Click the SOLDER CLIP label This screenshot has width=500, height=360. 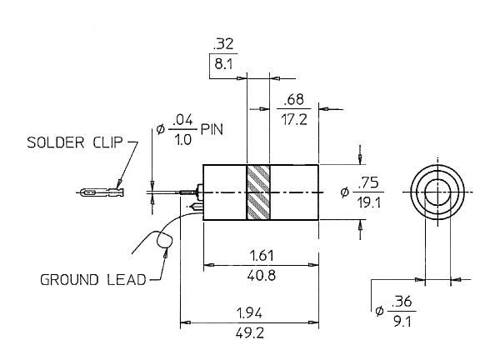tap(75, 142)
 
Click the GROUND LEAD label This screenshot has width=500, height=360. tap(93, 280)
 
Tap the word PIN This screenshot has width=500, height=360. tap(212, 129)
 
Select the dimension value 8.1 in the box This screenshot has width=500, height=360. tap(223, 64)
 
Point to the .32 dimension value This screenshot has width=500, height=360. tap(223, 44)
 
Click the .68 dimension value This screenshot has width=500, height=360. tap(293, 99)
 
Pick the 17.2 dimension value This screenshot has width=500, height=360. tap(294, 119)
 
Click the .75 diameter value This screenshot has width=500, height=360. tap(368, 182)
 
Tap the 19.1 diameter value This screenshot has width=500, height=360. tap(369, 202)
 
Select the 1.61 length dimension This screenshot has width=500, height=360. tap(262, 255)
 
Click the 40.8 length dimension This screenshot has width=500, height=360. tap(262, 275)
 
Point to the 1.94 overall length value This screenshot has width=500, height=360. tap(249, 313)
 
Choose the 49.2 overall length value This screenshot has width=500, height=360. tap(250, 333)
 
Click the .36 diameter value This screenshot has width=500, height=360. tap(402, 302)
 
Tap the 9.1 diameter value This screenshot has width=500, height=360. tap(402, 322)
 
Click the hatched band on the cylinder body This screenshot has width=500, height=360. tap(258, 192)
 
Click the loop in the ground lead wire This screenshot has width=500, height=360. tap(164, 241)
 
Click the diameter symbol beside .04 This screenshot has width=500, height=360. tap(160, 129)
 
